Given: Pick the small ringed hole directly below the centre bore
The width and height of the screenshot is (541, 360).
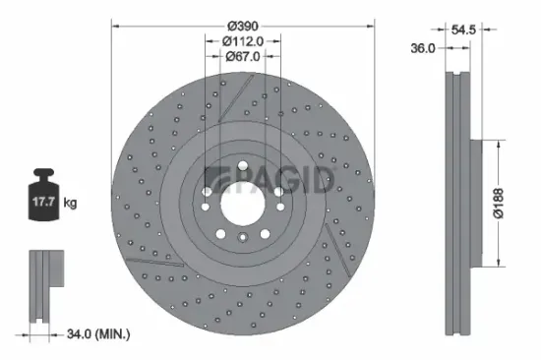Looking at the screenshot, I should tap(243, 236).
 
